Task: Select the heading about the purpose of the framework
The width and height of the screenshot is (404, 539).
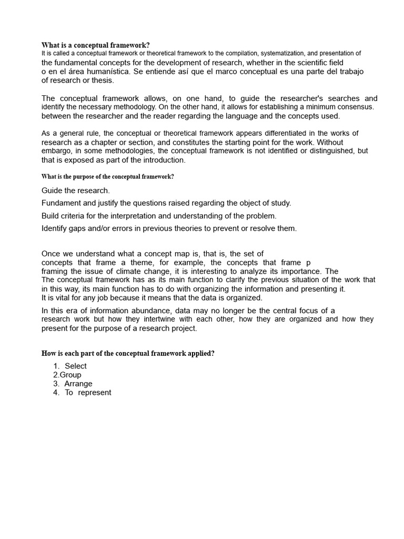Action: (x=107, y=177)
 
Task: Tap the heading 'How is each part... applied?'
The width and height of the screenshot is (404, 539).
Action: (x=128, y=354)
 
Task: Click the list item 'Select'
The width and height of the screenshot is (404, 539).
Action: (x=76, y=366)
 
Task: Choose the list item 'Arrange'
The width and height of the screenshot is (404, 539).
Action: (x=78, y=384)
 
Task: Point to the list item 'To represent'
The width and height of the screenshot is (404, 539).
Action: (x=88, y=393)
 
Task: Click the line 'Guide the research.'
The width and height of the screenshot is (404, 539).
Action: (x=76, y=191)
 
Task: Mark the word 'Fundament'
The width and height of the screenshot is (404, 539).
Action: (x=60, y=203)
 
